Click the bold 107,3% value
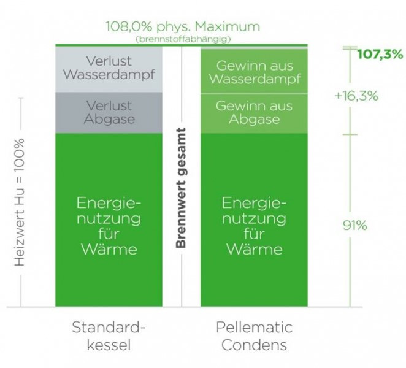pyautogui.click(x=380, y=55)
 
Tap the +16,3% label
pyautogui.click(x=356, y=96)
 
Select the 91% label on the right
pyautogui.click(x=355, y=225)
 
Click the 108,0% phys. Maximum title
pyautogui.click(x=183, y=27)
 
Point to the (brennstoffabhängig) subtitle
pyautogui.click(x=183, y=39)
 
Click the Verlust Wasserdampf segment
pyautogui.click(x=109, y=69)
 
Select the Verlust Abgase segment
pyautogui.click(x=109, y=113)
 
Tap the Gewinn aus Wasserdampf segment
pyautogui.click(x=255, y=72)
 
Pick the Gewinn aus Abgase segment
pyautogui.click(x=255, y=113)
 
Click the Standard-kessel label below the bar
pyautogui.click(x=109, y=336)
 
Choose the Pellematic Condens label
pyautogui.click(x=255, y=336)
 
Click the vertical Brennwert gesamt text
pyautogui.click(x=181, y=188)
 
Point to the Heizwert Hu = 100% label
pyautogui.click(x=20, y=202)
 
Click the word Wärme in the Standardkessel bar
pyautogui.click(x=109, y=249)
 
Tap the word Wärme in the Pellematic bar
pyautogui.click(x=255, y=249)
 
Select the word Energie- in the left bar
pyautogui.click(x=109, y=204)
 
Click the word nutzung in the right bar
pyautogui.click(x=255, y=219)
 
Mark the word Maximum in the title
pyautogui.click(x=228, y=27)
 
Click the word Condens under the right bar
pyautogui.click(x=255, y=345)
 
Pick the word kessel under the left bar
pyautogui.click(x=109, y=345)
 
